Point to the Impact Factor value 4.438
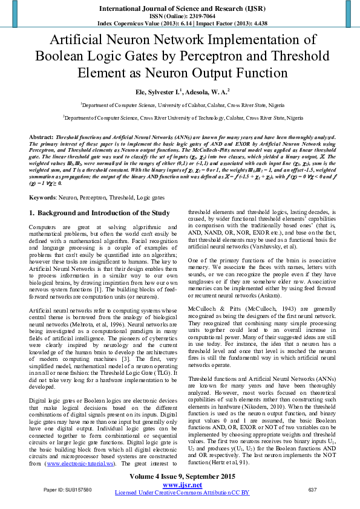[x=256, y=22]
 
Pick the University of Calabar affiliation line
[x=180, y=104]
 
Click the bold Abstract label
[x=41, y=137]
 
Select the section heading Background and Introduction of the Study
[x=103, y=196]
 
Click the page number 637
[x=312, y=490]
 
